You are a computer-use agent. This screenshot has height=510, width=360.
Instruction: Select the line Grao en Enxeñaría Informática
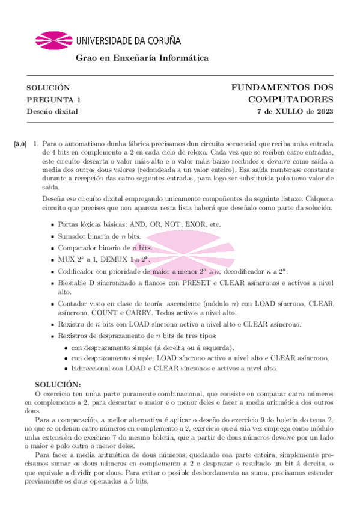[141, 58]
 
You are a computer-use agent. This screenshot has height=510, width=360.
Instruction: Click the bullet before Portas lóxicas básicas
[52, 224]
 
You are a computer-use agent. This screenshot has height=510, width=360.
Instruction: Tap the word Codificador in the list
[78, 271]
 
